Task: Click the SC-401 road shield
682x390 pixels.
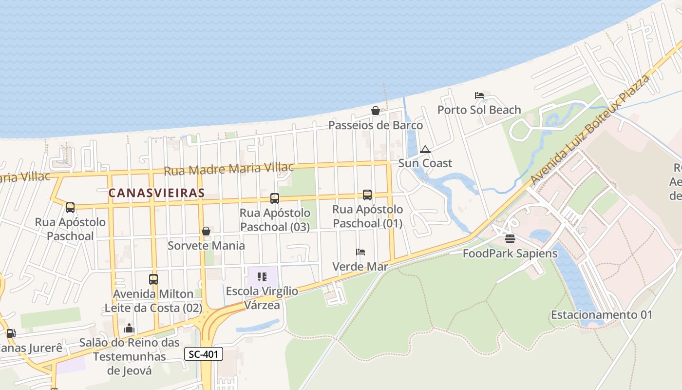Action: tap(204, 354)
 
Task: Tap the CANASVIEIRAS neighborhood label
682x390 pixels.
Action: tap(156, 193)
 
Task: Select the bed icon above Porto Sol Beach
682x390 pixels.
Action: tap(479, 96)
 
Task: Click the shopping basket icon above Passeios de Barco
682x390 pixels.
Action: tap(376, 111)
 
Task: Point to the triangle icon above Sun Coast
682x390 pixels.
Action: tap(425, 149)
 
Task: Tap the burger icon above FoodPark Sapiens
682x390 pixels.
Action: tap(510, 239)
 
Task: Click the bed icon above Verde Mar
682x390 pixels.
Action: tap(360, 252)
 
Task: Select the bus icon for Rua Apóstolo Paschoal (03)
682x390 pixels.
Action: tap(275, 198)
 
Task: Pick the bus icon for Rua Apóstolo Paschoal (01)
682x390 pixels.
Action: tap(367, 195)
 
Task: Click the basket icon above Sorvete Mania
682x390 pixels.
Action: tap(206, 231)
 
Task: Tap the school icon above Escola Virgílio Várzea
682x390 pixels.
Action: tap(262, 277)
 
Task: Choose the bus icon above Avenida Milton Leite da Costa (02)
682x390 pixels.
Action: tap(153, 279)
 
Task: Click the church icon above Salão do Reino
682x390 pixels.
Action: tap(129, 328)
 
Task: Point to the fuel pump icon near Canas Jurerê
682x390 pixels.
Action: tap(11, 333)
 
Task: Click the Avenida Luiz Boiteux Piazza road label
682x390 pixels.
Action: tap(591, 130)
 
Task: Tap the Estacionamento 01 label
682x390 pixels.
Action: tap(601, 315)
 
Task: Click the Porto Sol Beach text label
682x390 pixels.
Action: tap(479, 110)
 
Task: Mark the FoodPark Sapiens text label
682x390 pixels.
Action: tap(510, 253)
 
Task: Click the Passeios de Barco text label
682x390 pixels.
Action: tap(376, 125)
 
